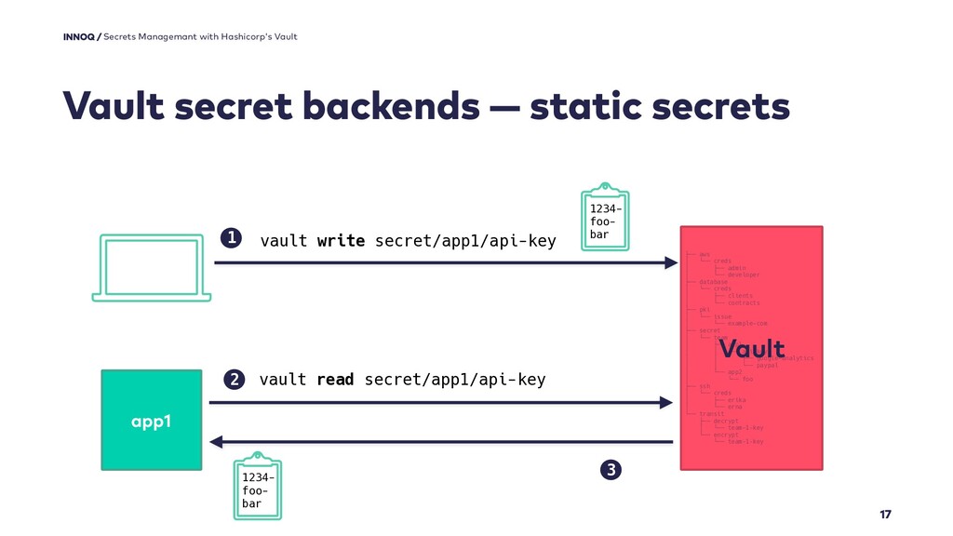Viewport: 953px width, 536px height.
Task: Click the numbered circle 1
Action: point(230,239)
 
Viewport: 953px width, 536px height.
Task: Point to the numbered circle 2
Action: point(234,380)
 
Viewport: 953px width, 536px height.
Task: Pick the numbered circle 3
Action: point(611,469)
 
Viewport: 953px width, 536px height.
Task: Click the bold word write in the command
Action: point(341,241)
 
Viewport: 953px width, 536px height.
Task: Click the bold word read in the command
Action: point(335,380)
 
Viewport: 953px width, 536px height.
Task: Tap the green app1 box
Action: point(151,420)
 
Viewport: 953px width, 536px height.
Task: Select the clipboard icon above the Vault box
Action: point(605,217)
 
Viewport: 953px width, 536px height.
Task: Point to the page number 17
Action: point(885,515)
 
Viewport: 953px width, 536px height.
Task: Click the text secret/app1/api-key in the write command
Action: point(465,241)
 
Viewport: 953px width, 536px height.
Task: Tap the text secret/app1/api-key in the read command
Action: point(455,380)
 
